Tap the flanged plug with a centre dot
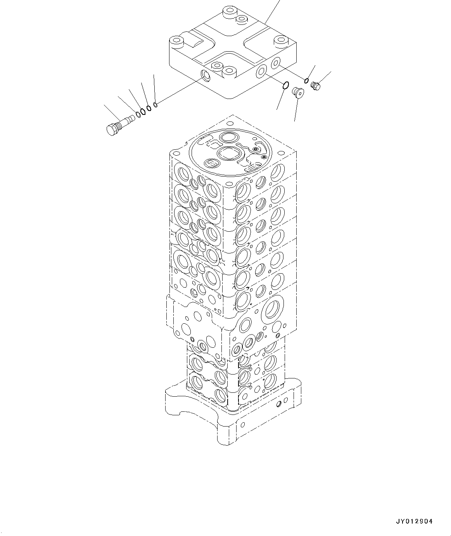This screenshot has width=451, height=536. click(297, 92)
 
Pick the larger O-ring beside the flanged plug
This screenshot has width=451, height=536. click(285, 85)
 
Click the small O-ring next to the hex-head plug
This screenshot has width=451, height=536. click(306, 81)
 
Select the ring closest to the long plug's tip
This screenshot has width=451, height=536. click(138, 114)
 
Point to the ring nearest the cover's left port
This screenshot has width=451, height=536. click(155, 104)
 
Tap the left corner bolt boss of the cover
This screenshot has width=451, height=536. click(177, 41)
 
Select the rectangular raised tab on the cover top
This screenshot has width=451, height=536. click(197, 40)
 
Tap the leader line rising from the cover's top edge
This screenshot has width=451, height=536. click(272, 12)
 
